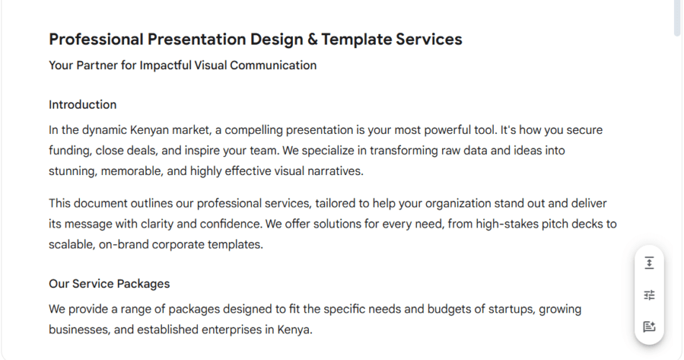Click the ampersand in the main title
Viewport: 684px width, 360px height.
coord(312,40)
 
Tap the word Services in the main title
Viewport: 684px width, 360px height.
coord(429,40)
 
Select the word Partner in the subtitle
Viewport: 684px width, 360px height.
coord(97,66)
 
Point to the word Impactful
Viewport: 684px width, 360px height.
coord(166,66)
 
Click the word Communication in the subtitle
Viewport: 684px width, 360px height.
coord(273,66)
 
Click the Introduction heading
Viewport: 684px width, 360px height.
coord(83,104)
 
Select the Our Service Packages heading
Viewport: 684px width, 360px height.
coord(109,284)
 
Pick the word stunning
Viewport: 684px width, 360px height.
coord(73,171)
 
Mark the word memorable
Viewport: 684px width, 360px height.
coord(132,171)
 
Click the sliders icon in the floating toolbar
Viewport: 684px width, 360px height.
coord(649,295)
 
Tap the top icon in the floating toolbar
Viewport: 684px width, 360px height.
coord(649,263)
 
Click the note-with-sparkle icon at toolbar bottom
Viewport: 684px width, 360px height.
coord(649,326)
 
